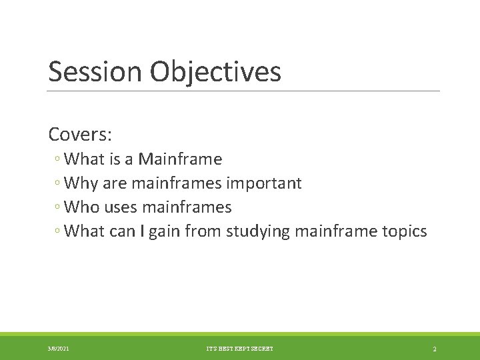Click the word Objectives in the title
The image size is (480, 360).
(x=215, y=72)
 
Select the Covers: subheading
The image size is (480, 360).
(x=80, y=134)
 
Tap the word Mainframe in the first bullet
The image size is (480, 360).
(x=180, y=159)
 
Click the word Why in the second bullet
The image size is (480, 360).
(x=82, y=183)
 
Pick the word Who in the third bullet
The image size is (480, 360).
(x=83, y=207)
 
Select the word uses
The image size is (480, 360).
(x=121, y=207)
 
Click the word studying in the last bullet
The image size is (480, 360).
(x=257, y=231)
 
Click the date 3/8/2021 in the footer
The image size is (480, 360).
(x=58, y=349)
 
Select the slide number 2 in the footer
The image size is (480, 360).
(x=434, y=349)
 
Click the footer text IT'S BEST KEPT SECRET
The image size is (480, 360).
(x=239, y=349)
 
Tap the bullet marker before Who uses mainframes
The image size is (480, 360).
(x=59, y=208)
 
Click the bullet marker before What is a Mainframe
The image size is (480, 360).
(x=59, y=160)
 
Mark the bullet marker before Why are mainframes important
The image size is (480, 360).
(x=59, y=184)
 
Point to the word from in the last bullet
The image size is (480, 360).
(x=203, y=231)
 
